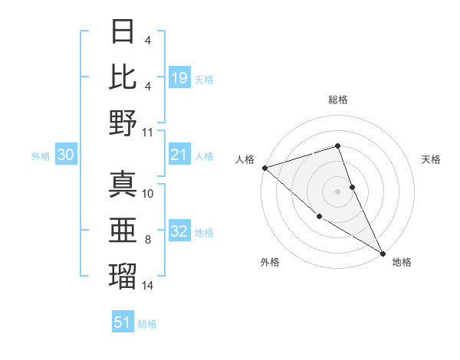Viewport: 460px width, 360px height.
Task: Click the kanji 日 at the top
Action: pyautogui.click(x=123, y=31)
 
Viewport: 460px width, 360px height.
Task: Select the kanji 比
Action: pyautogui.click(x=123, y=76)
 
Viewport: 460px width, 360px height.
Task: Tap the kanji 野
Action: pyautogui.click(x=123, y=122)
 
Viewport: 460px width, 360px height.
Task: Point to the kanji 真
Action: pyautogui.click(x=123, y=185)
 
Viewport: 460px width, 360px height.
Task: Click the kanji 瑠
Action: pyautogui.click(x=123, y=276)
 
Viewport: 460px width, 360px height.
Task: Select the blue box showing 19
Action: pyautogui.click(x=179, y=77)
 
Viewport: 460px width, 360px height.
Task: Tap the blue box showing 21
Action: pyautogui.click(x=179, y=155)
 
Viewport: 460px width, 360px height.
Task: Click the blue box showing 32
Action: pyautogui.click(x=179, y=232)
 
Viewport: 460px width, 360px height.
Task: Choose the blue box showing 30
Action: pyautogui.click(x=65, y=155)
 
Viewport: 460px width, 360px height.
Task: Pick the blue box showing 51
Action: pyautogui.click(x=123, y=322)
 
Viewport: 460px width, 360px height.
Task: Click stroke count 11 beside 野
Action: pyautogui.click(x=148, y=132)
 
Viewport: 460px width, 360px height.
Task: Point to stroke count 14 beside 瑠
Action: pyautogui.click(x=148, y=286)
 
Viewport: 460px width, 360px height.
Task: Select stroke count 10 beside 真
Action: pyautogui.click(x=148, y=194)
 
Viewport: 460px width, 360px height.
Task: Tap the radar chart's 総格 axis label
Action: pyautogui.click(x=338, y=100)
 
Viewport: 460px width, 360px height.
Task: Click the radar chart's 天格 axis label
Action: pyautogui.click(x=432, y=159)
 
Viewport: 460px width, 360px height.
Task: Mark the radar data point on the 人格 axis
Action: pyautogui.click(x=264, y=167)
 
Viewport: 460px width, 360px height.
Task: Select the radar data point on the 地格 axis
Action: pyautogui.click(x=383, y=253)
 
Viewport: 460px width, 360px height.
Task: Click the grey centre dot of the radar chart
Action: pyautogui.click(x=337, y=191)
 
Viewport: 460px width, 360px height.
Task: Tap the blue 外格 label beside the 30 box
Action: pyautogui.click(x=41, y=156)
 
